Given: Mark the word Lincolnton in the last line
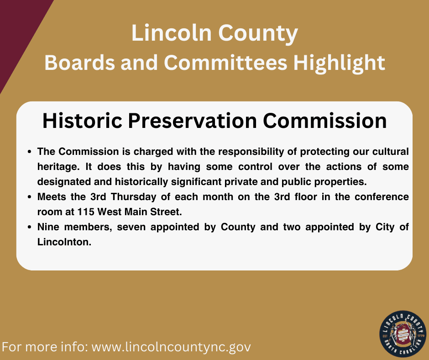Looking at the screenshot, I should (64, 243).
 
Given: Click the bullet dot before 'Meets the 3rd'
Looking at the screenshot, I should (30, 198).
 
